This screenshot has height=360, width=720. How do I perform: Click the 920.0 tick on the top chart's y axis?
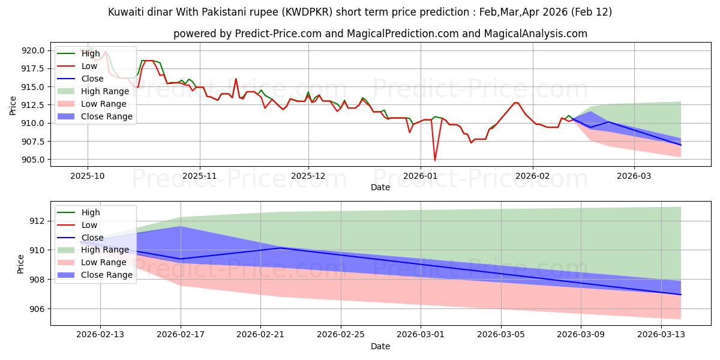pos(33,50)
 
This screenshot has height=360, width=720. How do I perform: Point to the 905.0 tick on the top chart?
pos(33,160)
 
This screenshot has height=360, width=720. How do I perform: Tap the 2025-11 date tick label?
pos(200,176)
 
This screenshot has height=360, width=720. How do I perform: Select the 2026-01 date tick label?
pos(421,176)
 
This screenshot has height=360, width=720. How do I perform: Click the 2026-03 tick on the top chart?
pos(634,176)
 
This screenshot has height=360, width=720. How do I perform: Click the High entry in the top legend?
pos(91,53)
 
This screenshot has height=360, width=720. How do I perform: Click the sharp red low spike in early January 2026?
pos(435,160)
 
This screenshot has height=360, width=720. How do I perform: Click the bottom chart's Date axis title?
pos(380,346)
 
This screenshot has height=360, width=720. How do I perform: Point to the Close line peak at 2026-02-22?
pos(281,248)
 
